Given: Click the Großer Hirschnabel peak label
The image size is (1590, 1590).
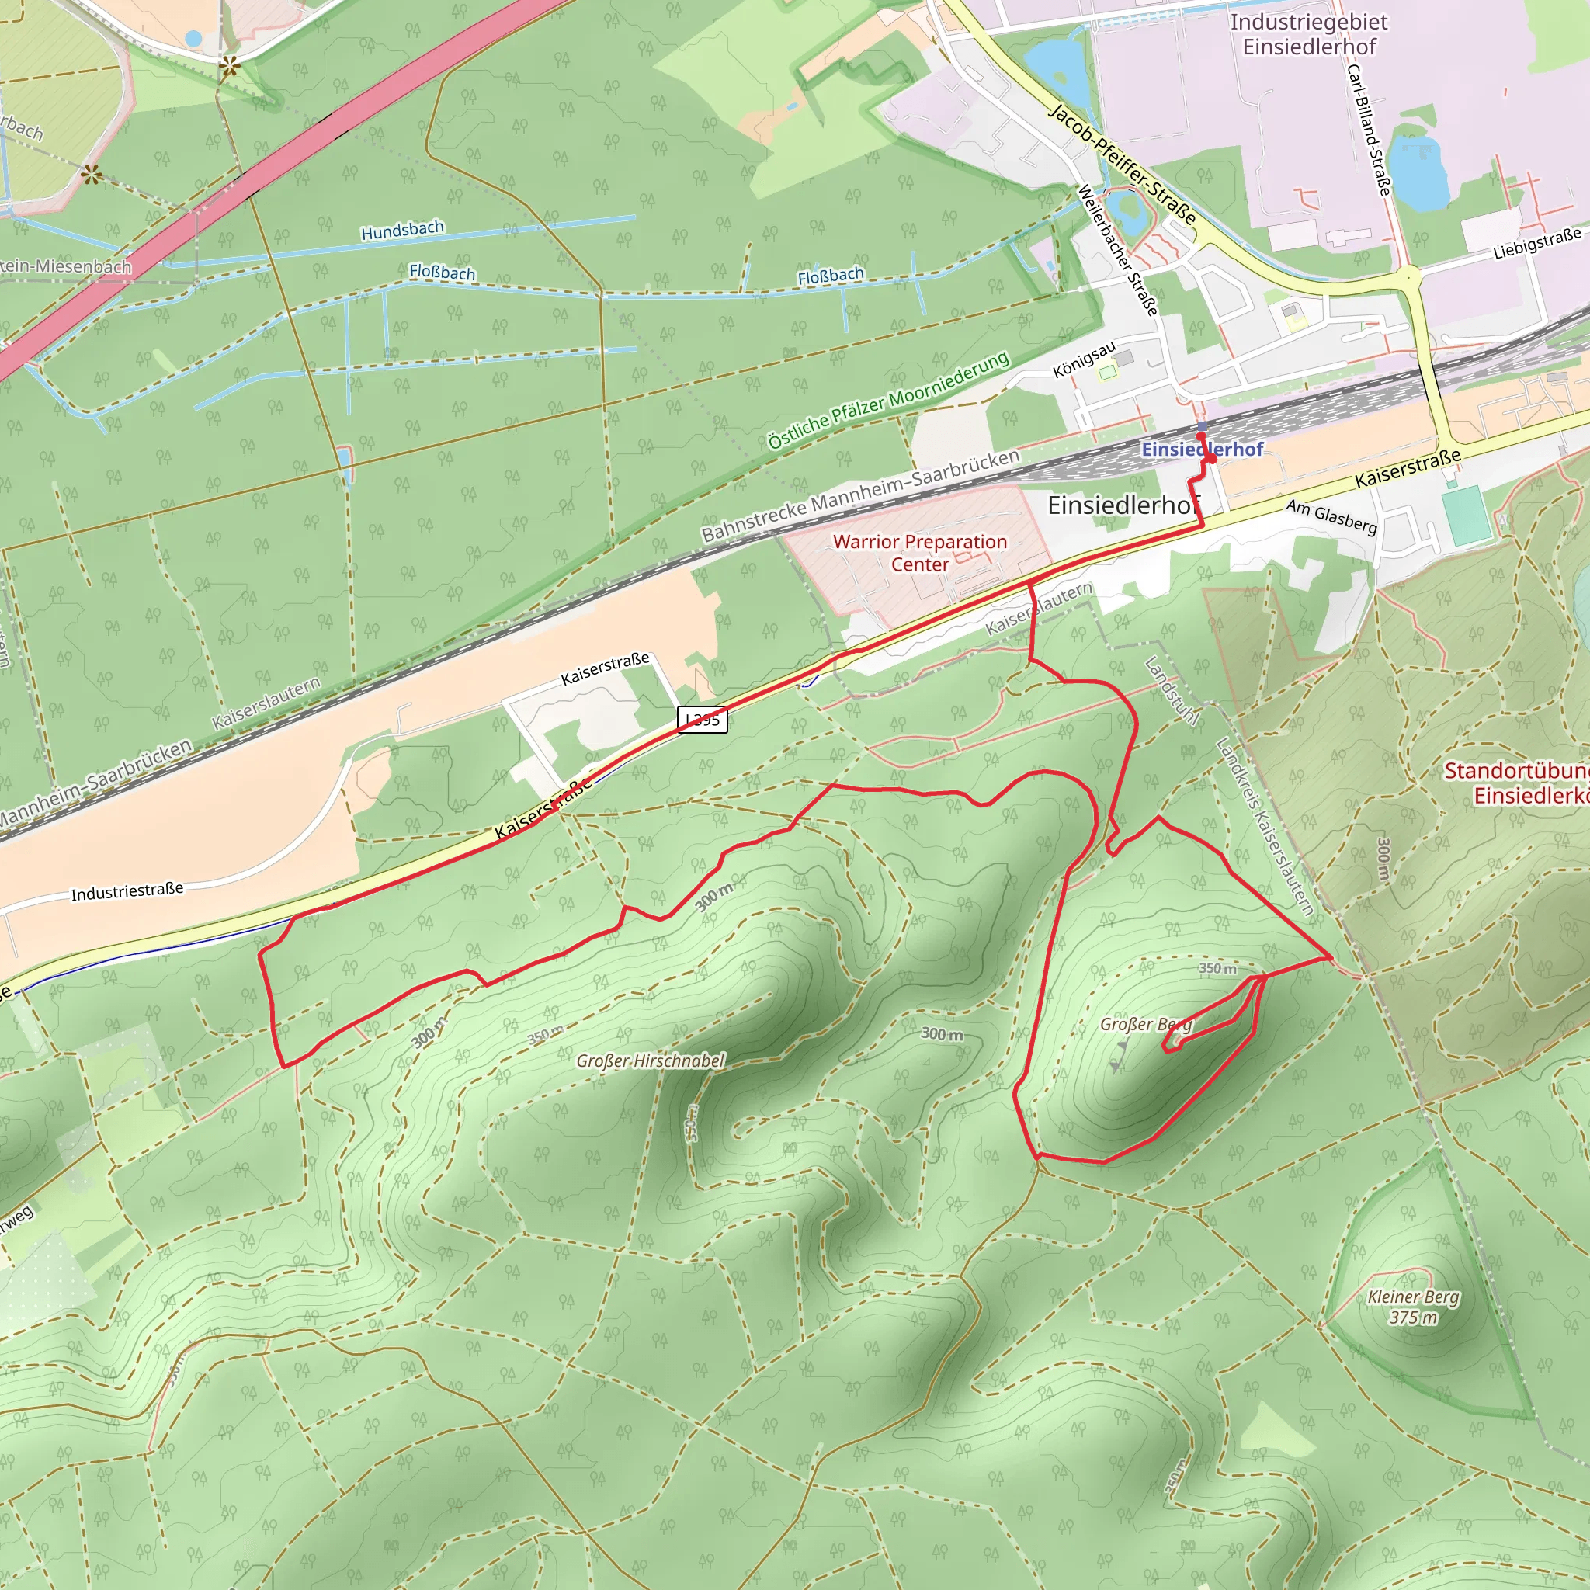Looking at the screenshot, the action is [x=650, y=1061].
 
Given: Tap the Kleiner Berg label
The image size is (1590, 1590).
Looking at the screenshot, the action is [x=1413, y=1297].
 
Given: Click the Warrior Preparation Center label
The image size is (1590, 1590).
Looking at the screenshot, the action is [x=919, y=553].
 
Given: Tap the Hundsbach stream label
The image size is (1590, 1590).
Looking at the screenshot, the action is [x=402, y=231].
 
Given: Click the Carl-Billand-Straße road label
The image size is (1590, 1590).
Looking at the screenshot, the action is [x=1369, y=129].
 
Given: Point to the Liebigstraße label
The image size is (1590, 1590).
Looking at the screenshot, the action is [x=1536, y=244].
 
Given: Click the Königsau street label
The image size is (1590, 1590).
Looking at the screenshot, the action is [x=1084, y=359].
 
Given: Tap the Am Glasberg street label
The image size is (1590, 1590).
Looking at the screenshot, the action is [x=1331, y=517].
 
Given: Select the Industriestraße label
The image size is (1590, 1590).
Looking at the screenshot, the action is [x=127, y=892].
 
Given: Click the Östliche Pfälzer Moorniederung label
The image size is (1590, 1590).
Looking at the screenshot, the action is [x=888, y=401].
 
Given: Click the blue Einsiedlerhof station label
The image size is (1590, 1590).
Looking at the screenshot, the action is [x=1202, y=450].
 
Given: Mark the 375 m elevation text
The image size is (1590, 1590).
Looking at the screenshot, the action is [x=1413, y=1317].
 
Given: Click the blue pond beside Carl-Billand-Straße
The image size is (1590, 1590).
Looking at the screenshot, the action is [x=1418, y=172].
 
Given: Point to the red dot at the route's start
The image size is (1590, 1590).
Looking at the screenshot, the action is [x=1211, y=458].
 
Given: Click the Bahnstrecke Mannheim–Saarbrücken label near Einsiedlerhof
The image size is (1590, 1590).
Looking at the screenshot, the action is [x=860, y=495].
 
